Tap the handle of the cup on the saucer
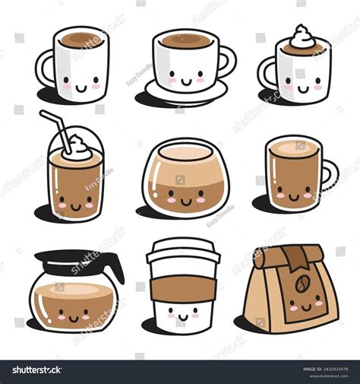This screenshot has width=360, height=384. [227, 61]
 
